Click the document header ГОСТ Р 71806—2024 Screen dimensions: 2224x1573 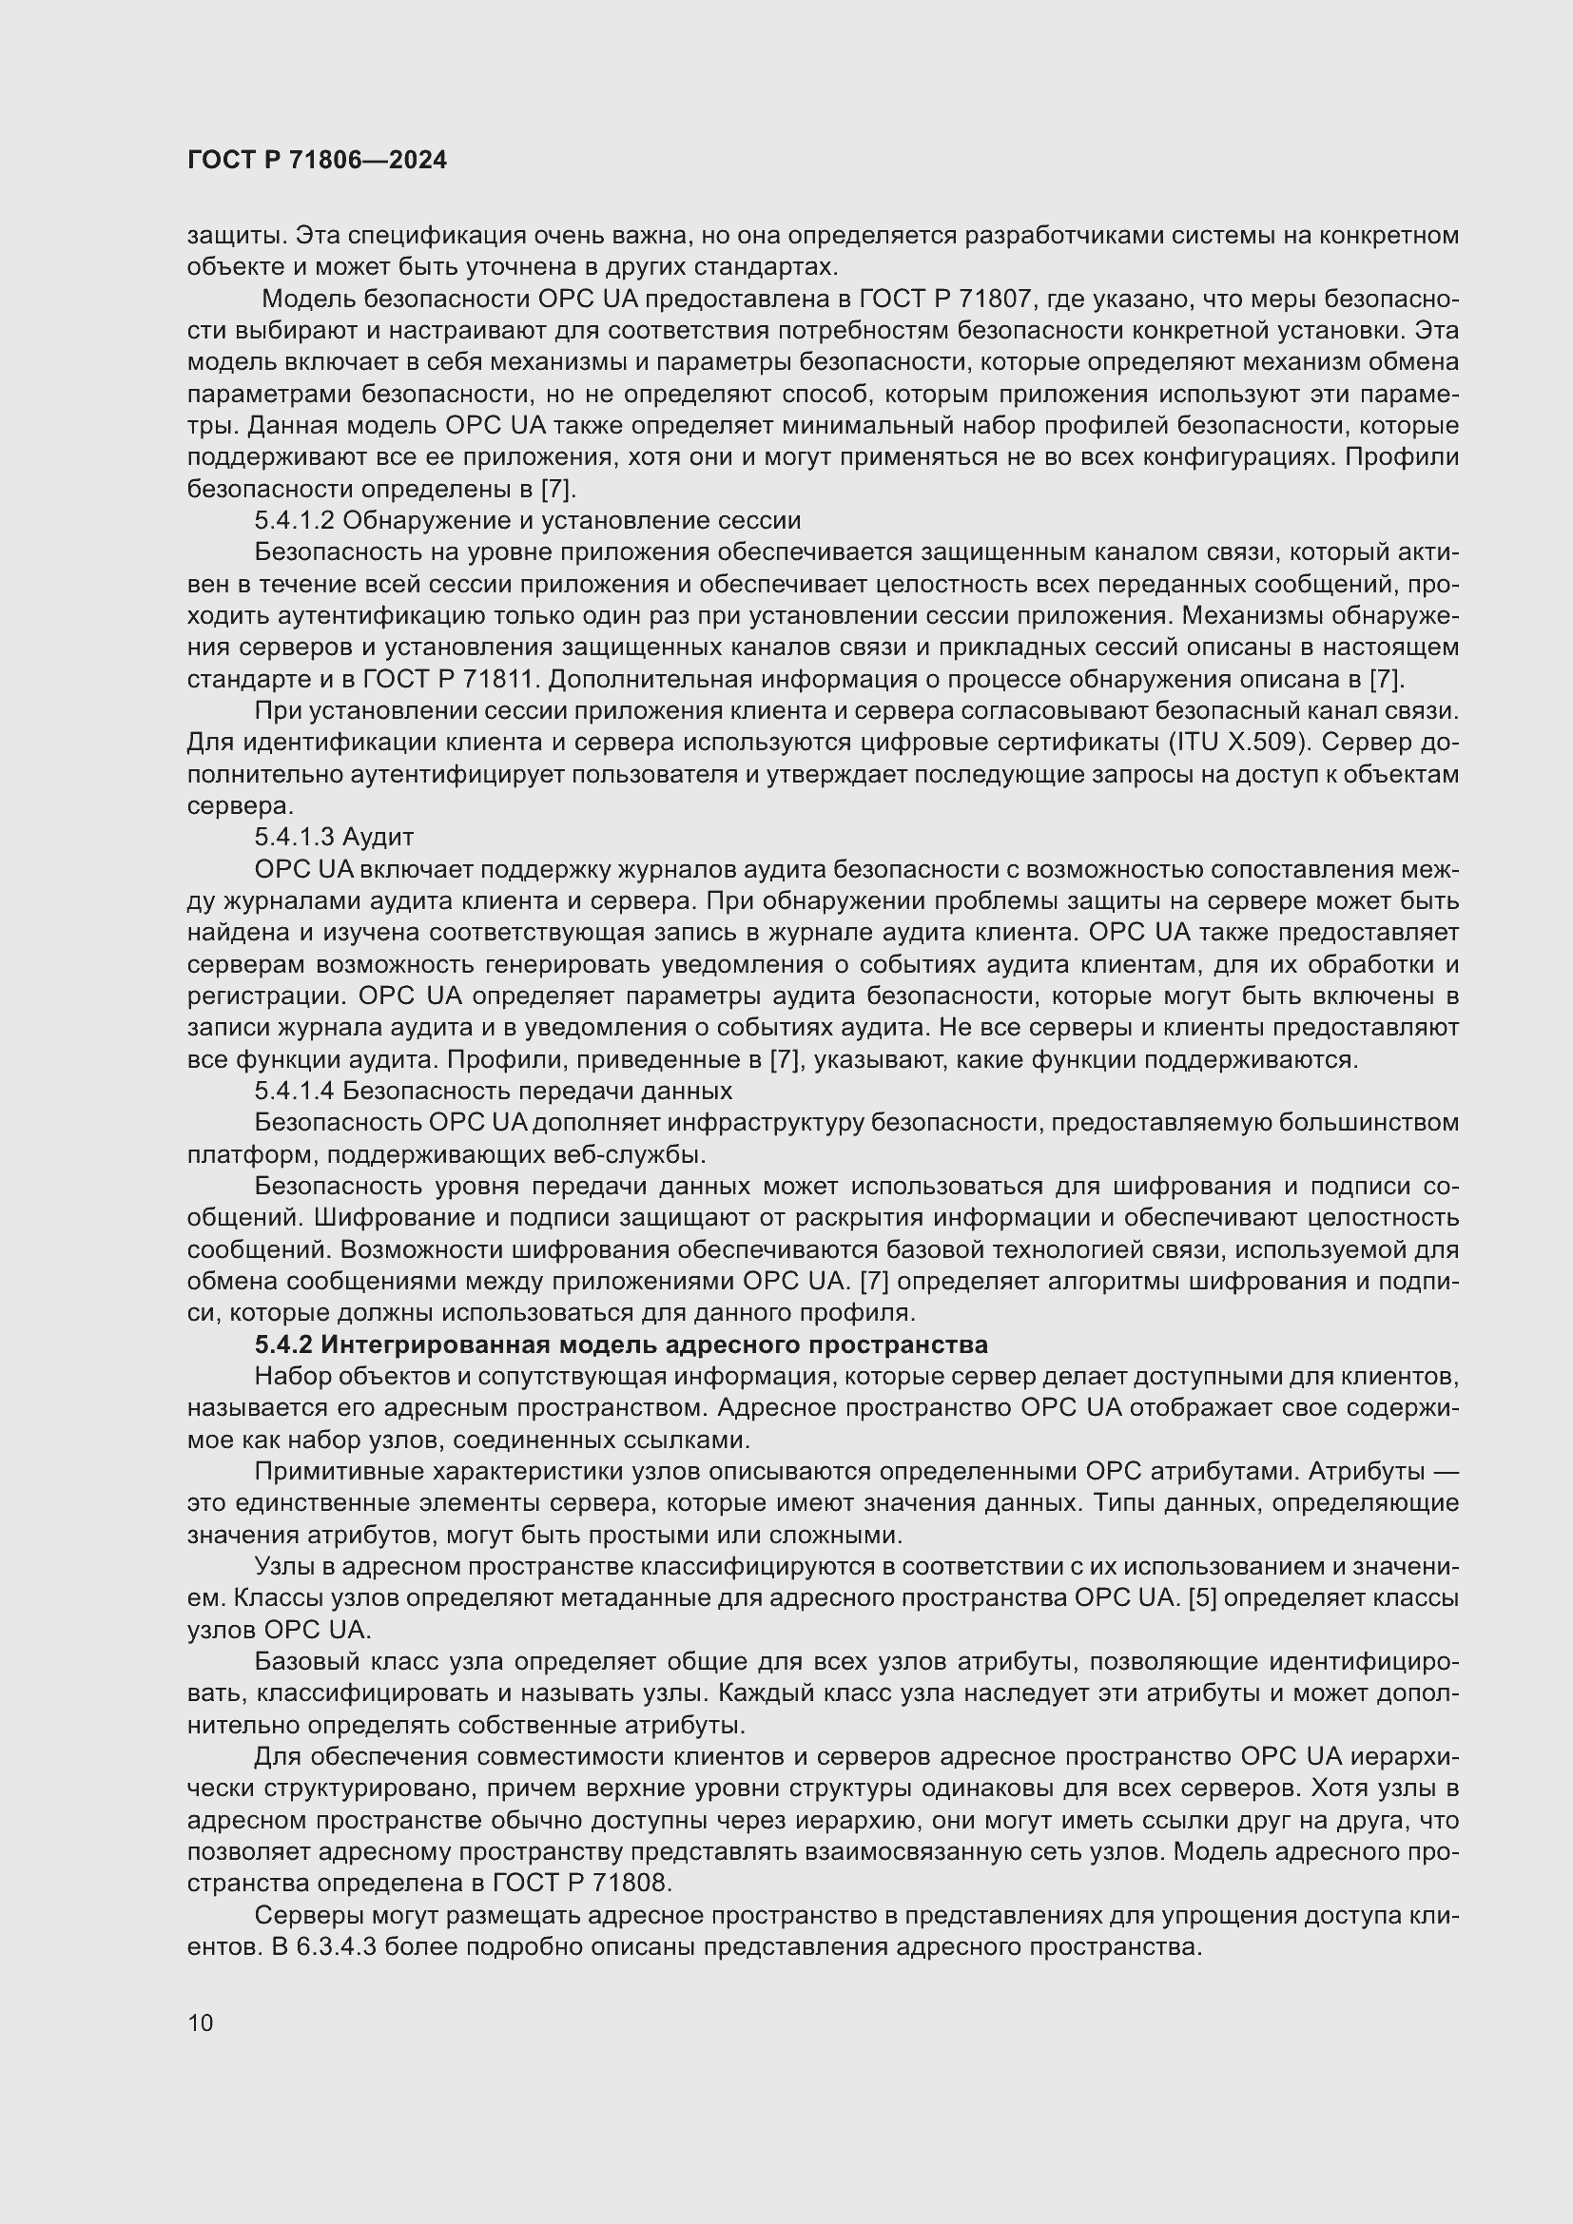tap(317, 160)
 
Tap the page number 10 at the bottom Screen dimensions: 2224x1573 tap(201, 2022)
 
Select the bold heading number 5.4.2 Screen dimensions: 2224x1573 tap(283, 1344)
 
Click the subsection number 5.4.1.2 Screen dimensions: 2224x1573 tap(295, 520)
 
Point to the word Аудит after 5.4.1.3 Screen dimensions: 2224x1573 tap(378, 836)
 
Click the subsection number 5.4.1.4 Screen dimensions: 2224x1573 tap(295, 1091)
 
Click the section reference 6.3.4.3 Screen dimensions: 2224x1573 tap(336, 1946)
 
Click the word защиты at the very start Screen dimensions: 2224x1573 tap(233, 236)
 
